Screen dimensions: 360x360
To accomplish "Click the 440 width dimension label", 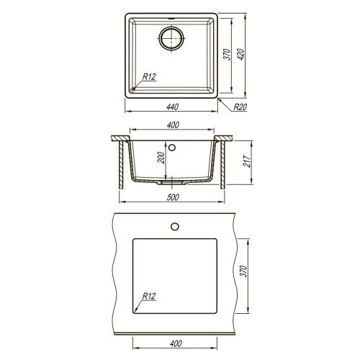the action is tap(172, 107).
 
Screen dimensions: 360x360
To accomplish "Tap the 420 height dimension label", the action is tap(240, 54).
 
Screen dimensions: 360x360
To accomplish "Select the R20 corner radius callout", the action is tap(240, 107).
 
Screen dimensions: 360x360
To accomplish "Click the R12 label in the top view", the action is tap(149, 77).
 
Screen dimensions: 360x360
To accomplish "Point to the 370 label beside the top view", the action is tap(228, 54).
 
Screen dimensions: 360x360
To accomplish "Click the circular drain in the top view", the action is tap(171, 38).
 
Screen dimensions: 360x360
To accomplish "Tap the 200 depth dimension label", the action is tap(161, 158).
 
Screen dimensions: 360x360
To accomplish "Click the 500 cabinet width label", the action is tap(173, 197).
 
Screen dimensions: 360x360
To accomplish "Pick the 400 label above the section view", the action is tap(173, 125).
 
